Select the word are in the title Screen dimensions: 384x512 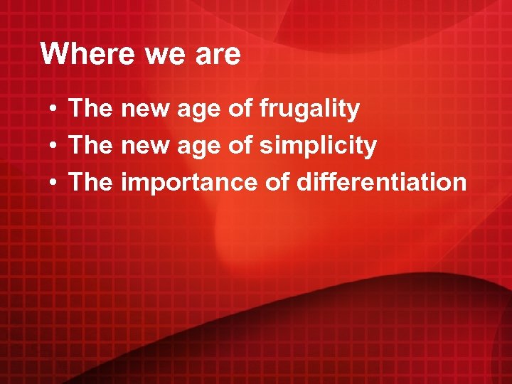[217, 54]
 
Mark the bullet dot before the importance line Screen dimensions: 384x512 [54, 183]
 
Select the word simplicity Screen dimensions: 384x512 [318, 146]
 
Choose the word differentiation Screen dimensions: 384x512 [382, 183]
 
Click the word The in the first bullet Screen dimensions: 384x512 [91, 110]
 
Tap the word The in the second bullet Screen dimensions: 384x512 [91, 146]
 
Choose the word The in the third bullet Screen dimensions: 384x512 [91, 182]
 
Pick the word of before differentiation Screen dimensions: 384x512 [277, 182]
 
